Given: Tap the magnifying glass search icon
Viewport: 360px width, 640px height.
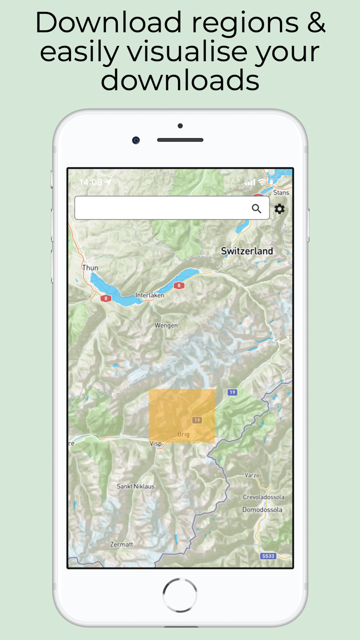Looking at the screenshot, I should (257, 208).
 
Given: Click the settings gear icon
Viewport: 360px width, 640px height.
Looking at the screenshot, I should (279, 208).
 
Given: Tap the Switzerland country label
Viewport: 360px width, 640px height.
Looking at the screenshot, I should (247, 251).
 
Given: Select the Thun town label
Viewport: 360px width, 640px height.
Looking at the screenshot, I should (90, 268).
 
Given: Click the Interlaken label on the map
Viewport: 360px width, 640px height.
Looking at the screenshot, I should (150, 295).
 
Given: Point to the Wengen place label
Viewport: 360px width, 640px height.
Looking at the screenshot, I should (166, 325).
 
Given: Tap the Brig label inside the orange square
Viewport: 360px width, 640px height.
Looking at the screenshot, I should (183, 434).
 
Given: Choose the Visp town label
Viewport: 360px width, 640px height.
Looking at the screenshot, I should (155, 443).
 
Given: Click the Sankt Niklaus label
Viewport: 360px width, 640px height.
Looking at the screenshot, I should (135, 486).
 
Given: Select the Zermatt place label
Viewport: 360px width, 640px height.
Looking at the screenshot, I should (121, 544).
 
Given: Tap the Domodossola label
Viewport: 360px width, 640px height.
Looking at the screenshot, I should (262, 510).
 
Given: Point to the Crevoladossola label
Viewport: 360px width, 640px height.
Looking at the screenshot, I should (263, 497).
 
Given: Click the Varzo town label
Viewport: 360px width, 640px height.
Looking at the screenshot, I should (252, 475).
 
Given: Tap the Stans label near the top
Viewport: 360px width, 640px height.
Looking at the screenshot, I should (281, 192).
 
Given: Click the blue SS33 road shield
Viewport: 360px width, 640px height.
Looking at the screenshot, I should (268, 556).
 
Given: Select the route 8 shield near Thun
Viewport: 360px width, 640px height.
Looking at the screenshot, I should (106, 298).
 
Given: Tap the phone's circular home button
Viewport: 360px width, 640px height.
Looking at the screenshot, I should (180, 595).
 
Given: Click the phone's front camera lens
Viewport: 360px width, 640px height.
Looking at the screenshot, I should (136, 140).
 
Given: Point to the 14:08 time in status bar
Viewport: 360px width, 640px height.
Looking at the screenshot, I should (91, 182).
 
